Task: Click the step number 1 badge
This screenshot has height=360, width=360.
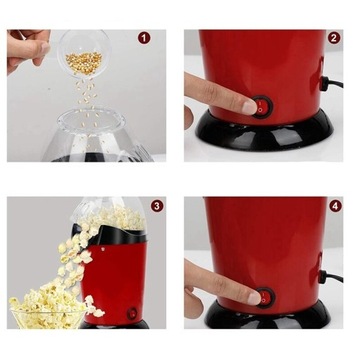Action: point(144,38)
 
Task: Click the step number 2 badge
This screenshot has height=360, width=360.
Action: point(334,38)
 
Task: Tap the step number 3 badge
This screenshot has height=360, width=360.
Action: point(157,206)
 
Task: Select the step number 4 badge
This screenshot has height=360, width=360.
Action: point(335,206)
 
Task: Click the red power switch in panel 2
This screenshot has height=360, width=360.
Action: point(262,107)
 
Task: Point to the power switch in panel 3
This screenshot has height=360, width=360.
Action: point(132,313)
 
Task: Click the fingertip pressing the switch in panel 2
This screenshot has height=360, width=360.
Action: point(249,107)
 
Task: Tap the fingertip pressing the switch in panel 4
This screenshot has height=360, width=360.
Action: point(254,298)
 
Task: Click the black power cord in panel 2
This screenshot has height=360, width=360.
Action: point(331,83)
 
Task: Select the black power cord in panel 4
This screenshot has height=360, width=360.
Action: point(331,277)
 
